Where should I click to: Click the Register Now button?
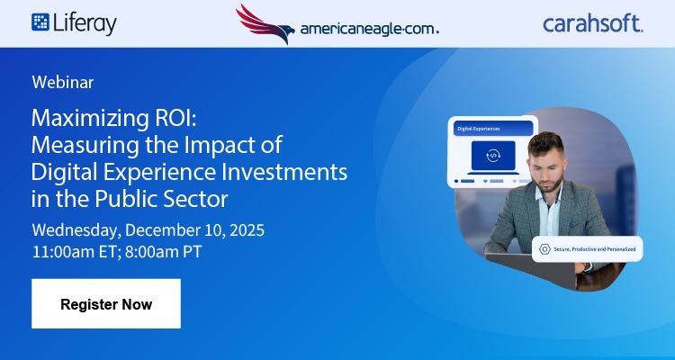tap(106, 304)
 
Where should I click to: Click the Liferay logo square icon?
tap(40, 22)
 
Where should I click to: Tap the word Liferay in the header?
tap(85, 23)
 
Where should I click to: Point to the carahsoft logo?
tap(592, 23)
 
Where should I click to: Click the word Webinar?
tap(63, 82)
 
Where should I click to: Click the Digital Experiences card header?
tap(491, 128)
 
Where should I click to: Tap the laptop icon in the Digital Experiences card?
tap(492, 155)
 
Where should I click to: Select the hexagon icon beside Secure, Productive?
tap(544, 248)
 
